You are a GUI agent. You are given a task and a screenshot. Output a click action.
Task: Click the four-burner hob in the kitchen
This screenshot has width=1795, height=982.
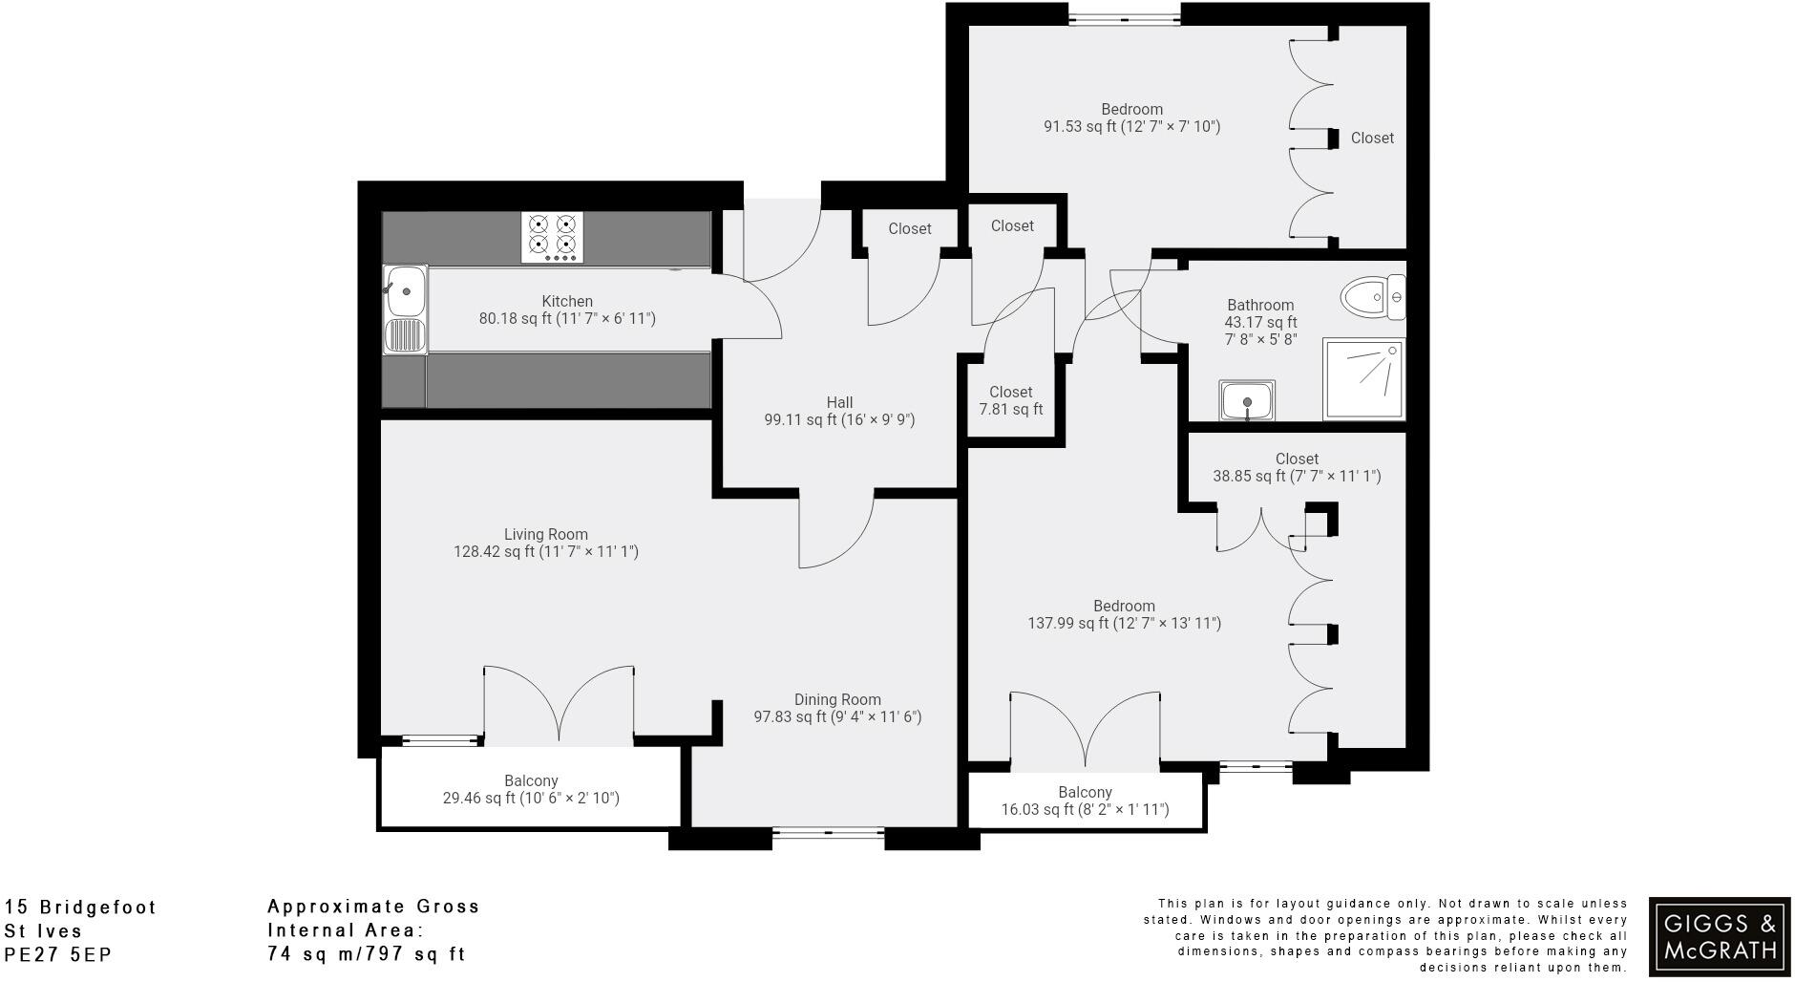552,237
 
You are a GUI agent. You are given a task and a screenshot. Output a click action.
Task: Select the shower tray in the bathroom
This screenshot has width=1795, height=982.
1363,379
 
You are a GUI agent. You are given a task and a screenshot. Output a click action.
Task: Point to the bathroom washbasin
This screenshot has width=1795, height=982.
1247,399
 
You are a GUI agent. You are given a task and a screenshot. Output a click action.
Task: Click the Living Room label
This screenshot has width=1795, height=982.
545,534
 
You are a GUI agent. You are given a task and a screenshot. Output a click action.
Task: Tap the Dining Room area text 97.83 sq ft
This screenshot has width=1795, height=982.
836,716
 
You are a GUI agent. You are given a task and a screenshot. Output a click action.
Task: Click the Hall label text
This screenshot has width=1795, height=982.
839,402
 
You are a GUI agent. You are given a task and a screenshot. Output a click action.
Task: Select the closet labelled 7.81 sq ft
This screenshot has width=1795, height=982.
1010,400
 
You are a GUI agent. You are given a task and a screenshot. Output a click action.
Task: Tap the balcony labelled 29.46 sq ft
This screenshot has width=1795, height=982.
531,789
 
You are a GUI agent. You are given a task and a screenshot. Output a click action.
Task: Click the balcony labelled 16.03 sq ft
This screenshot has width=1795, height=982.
1085,801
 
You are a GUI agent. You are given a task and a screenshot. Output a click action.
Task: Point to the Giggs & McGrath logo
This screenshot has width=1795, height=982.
1720,936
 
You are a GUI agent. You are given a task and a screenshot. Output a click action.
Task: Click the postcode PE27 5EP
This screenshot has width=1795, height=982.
58,954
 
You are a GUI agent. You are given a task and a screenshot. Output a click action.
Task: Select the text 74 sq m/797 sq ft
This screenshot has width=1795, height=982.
367,953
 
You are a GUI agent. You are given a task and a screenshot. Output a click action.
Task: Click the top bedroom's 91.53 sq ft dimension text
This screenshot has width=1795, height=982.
1131,126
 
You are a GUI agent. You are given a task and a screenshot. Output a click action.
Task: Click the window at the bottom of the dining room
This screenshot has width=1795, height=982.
827,834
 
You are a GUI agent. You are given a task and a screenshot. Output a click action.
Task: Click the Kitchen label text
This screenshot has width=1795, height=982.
567,301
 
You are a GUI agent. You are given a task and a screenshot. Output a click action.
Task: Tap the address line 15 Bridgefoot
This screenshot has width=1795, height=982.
81,907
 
